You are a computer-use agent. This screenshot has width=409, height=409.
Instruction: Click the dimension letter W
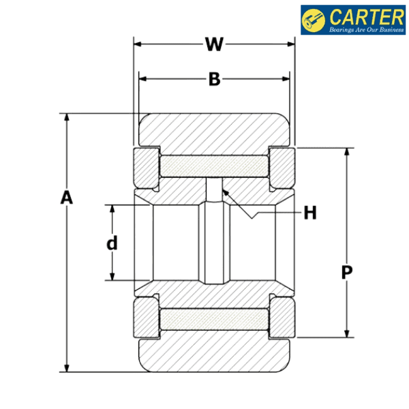pos(214,44)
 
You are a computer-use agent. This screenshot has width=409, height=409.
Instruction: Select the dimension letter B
pos(215,79)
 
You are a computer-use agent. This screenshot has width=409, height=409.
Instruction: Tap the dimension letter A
pos(67,197)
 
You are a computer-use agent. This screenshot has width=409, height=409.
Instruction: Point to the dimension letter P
pos(347,272)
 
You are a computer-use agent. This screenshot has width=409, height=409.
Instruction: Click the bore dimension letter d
pos(112,243)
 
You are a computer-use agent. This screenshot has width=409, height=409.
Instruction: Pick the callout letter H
pos(310,213)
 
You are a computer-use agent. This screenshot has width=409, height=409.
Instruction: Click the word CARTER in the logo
pos(367,17)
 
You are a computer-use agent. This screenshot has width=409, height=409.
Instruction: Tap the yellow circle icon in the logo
pos(314,20)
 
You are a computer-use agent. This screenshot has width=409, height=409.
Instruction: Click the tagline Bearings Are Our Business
pos(367,29)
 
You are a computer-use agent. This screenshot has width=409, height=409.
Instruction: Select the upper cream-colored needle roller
pos(214,166)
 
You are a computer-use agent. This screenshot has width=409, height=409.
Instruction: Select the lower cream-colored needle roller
pos(214,320)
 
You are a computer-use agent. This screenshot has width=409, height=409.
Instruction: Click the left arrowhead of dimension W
pos(137,44)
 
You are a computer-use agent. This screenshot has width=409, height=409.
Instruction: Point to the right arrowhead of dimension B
pos(286,79)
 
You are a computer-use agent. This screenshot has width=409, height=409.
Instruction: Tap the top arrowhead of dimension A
pos(67,117)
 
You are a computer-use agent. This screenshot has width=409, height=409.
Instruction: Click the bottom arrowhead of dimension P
pos(347,333)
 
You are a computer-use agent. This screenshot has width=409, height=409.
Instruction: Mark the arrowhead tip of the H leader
pos(222,190)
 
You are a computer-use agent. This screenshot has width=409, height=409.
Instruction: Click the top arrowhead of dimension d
pos(112,209)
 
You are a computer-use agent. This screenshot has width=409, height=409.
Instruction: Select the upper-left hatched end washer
pos(147,168)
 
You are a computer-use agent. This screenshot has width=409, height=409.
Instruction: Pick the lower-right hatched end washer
pos(282,318)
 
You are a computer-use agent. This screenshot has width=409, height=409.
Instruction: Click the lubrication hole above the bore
pos(214,190)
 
